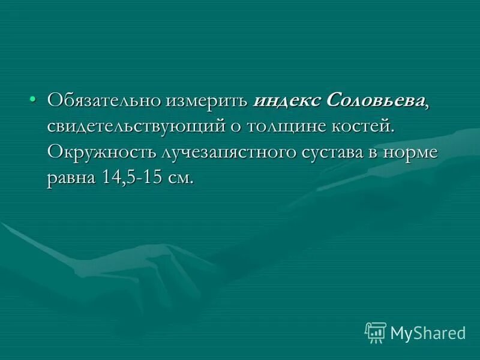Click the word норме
click(414, 152)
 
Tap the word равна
click(69, 178)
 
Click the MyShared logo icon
click(376, 332)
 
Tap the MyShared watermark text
click(428, 332)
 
